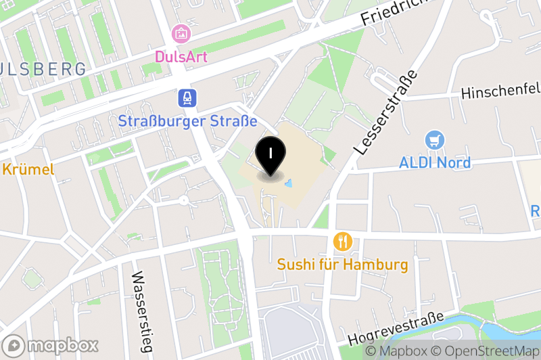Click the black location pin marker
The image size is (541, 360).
tap(270, 154)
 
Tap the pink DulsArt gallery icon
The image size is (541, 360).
tap(181, 32)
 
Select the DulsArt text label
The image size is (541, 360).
tap(181, 55)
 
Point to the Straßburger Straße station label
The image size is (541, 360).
tap(187, 122)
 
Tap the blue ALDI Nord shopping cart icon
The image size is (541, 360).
tap(435, 141)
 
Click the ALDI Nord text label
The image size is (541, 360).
tap(435, 163)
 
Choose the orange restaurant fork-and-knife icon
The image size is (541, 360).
tap(343, 241)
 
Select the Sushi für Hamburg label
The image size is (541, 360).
tap(343, 264)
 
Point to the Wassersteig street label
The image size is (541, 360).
tap(141, 311)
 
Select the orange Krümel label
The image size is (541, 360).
tap(27, 169)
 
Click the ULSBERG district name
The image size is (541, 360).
tap(43, 69)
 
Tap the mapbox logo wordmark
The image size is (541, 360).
tap(51, 345)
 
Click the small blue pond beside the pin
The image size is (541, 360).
tap(289, 183)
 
